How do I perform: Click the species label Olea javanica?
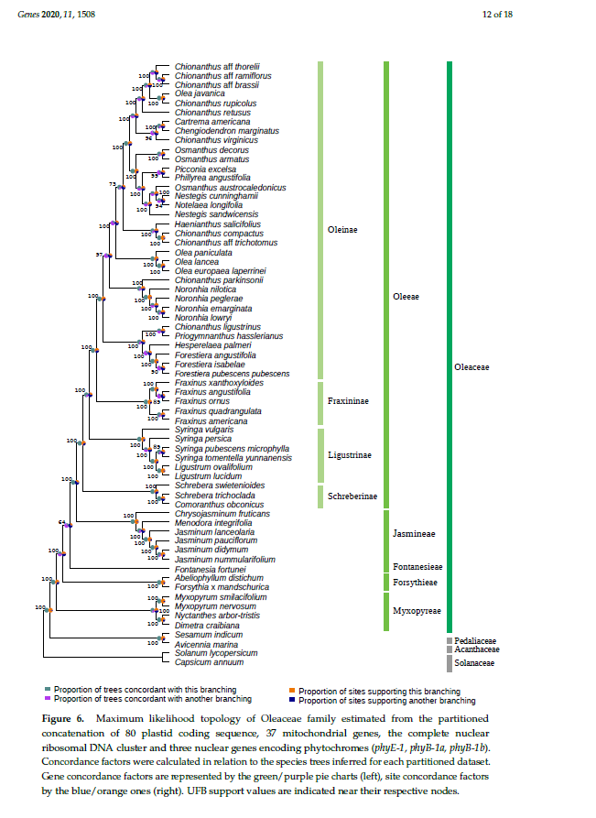click(200, 93)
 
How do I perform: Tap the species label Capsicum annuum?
click(209, 662)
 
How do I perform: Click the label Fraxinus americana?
click(206, 420)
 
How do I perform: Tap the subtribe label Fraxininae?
click(348, 401)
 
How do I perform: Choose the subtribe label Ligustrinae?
click(349, 454)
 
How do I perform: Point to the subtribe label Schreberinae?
click(352, 496)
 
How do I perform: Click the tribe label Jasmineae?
click(413, 533)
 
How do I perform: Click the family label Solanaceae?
click(474, 662)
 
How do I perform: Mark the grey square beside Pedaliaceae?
click(450, 640)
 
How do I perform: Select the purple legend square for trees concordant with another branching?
click(48, 699)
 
